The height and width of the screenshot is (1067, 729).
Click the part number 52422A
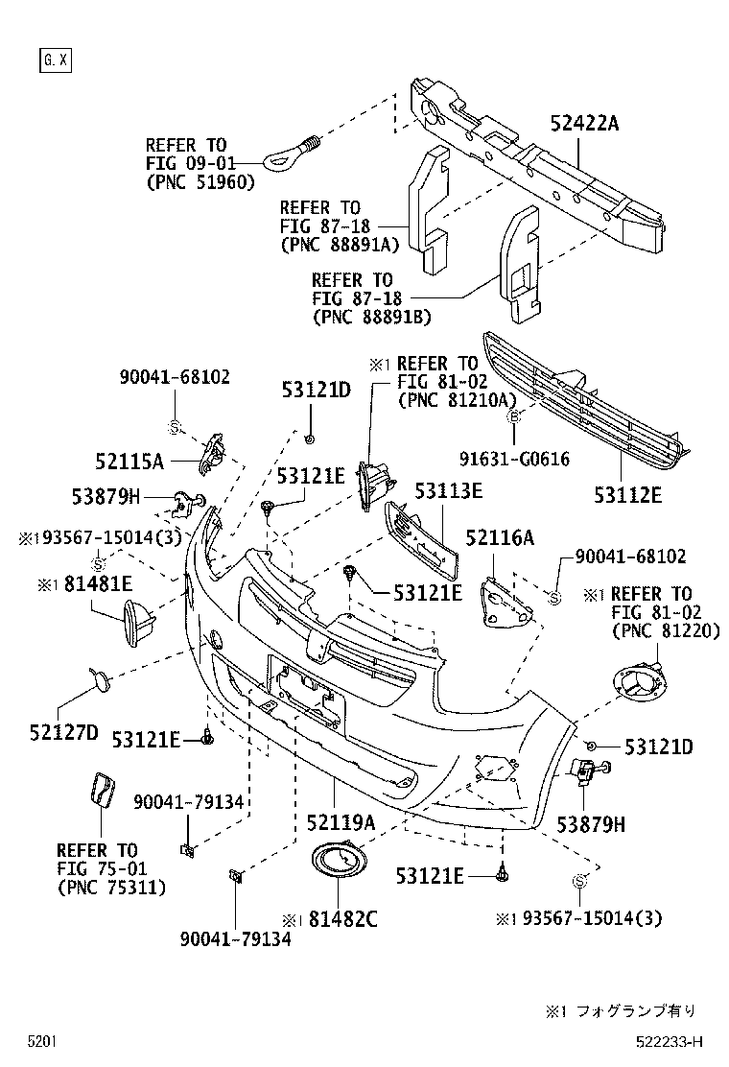point(585,123)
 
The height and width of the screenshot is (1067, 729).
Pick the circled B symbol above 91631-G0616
point(514,415)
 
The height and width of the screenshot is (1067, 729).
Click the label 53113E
point(448,490)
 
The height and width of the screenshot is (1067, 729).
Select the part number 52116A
point(499,537)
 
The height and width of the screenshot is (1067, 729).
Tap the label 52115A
point(129,462)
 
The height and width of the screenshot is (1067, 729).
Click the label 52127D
point(64,733)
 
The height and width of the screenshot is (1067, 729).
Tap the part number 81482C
point(342,918)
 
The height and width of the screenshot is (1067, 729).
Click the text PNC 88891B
point(372,317)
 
